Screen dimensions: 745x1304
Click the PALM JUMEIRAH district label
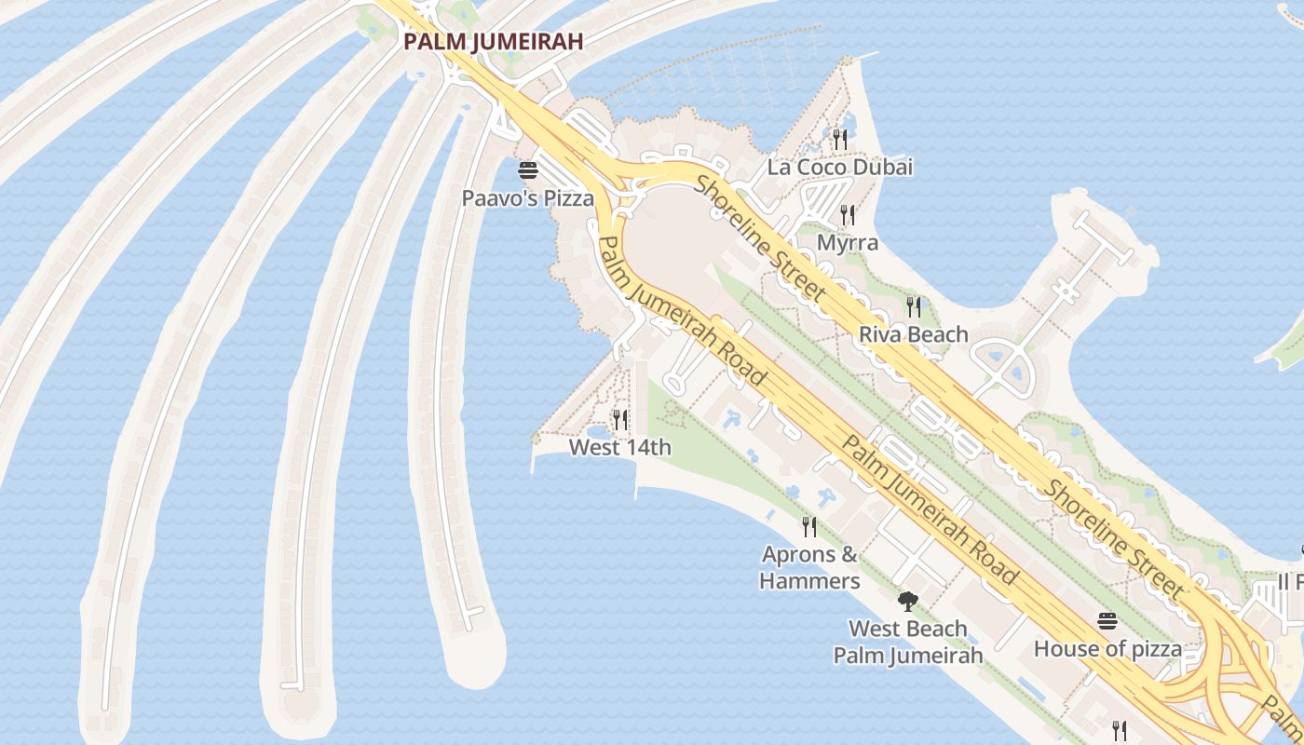coord(494,42)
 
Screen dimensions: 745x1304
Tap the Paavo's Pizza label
coord(528,198)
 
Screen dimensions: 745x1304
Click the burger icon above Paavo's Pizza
coord(528,170)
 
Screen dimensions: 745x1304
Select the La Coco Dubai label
coord(839,168)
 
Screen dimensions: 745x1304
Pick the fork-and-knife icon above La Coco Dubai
coord(839,140)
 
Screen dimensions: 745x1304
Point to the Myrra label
coord(847,243)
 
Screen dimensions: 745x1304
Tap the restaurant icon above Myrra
coord(847,215)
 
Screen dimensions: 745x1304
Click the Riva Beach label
coord(913,334)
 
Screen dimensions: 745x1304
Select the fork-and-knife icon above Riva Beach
coord(913,306)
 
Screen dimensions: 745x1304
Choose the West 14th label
coord(619,448)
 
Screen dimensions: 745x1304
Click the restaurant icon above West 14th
coord(619,420)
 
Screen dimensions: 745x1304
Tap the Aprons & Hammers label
coord(809,568)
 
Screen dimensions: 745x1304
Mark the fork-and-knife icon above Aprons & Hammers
coord(809,527)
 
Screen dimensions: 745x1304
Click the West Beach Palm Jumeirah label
coord(907,642)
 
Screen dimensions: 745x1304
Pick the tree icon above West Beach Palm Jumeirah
coord(907,602)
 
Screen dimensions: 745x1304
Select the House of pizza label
coord(1107,649)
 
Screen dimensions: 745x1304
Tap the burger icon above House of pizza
coord(1107,621)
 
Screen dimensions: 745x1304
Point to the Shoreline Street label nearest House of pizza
coord(1113,540)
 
